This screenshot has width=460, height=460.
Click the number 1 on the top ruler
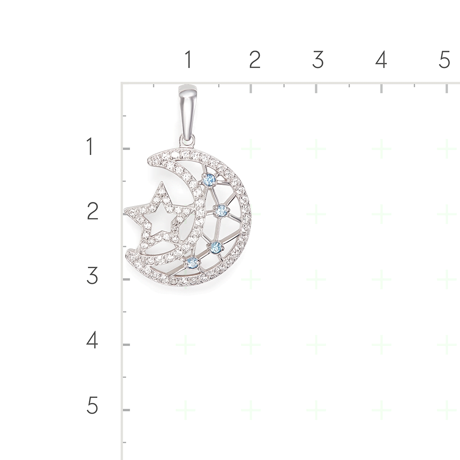click(188, 59)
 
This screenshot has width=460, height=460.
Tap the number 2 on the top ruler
click(254, 59)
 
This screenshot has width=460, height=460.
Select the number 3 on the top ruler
click(318, 59)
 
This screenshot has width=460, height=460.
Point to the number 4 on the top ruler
click(381, 59)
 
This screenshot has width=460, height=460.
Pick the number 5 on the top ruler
click(444, 59)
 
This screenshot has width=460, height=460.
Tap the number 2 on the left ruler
click(93, 211)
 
